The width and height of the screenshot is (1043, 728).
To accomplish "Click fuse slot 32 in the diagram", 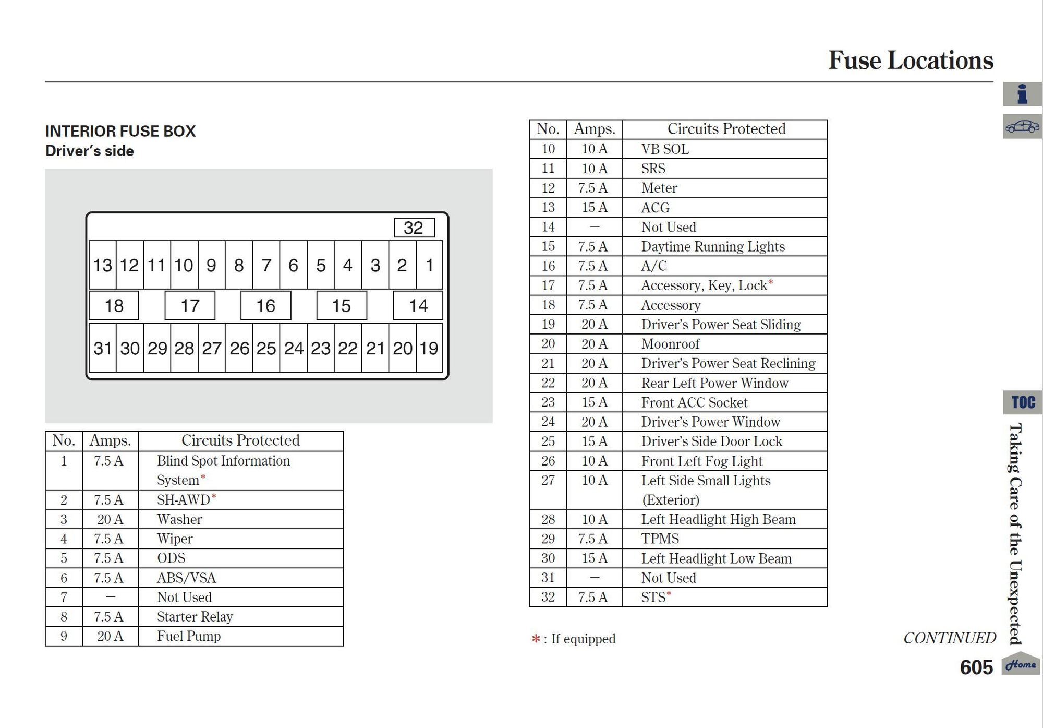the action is [x=414, y=228].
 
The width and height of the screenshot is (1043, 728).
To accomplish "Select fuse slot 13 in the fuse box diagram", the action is [x=102, y=265].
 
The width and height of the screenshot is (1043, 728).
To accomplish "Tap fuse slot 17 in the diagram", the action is [x=190, y=305].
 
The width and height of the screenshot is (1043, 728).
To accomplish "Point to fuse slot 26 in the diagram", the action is [x=239, y=348].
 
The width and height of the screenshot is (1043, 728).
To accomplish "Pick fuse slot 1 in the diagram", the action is [x=429, y=265].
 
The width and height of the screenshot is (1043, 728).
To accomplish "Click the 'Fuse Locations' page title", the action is [x=911, y=60].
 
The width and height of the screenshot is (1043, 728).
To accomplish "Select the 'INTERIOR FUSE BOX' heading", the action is [x=120, y=131].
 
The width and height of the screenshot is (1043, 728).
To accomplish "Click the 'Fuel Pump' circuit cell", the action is [x=189, y=636].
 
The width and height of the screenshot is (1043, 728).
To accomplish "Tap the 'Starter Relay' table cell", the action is [x=195, y=617].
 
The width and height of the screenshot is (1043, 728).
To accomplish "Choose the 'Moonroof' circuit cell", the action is [x=670, y=344].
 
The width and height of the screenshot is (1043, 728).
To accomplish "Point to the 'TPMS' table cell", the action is [x=660, y=539].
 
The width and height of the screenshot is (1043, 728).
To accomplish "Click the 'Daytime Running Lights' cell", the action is [x=713, y=246].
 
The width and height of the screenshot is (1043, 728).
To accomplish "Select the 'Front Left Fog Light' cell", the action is [x=701, y=461].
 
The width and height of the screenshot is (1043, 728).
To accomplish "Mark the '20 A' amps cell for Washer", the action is [x=110, y=519].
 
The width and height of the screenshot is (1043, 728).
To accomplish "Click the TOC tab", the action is [x=1023, y=402].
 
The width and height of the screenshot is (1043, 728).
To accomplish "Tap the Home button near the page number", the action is [x=1021, y=664].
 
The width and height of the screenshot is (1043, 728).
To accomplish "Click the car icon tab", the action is [x=1022, y=127].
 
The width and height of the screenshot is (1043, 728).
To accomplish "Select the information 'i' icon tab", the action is [x=1022, y=94].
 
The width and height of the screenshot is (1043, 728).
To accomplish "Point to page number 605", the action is [x=976, y=667].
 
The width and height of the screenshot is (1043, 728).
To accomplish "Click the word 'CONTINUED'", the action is [x=950, y=638].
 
